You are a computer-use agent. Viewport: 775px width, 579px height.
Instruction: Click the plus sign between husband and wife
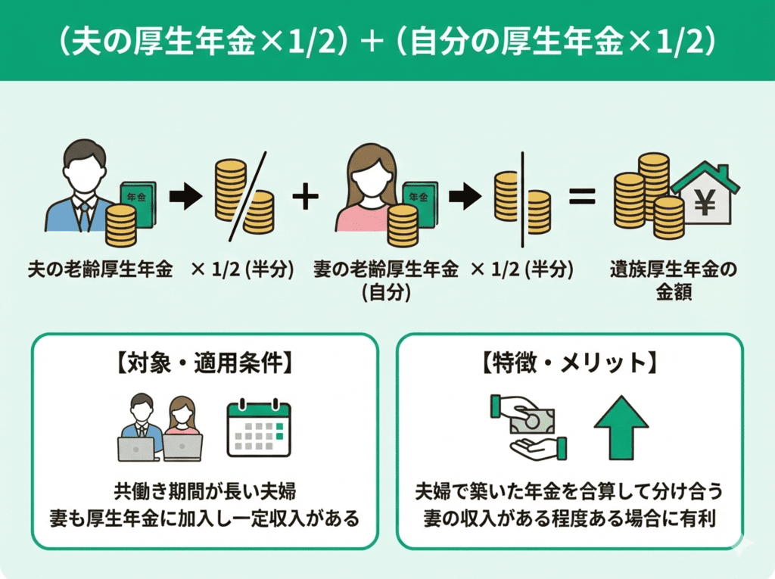304,198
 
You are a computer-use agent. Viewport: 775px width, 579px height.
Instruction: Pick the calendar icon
259,429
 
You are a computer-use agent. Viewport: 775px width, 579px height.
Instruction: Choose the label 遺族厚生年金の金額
674,280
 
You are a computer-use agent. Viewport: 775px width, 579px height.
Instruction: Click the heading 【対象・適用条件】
204,364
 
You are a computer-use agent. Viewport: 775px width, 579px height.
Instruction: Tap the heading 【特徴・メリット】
569,364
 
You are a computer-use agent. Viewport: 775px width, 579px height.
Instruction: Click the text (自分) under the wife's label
385,292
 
